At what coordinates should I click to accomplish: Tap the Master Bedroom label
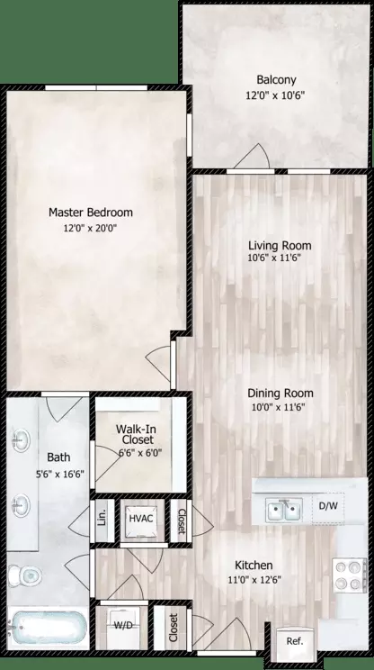90,213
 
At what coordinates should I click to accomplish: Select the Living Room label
280,245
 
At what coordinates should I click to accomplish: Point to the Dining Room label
281,393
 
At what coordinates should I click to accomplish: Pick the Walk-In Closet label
138,433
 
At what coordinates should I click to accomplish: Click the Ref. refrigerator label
294,641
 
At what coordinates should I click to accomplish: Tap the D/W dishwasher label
329,506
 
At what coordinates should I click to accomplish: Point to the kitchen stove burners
348,574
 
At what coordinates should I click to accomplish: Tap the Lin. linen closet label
102,518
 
